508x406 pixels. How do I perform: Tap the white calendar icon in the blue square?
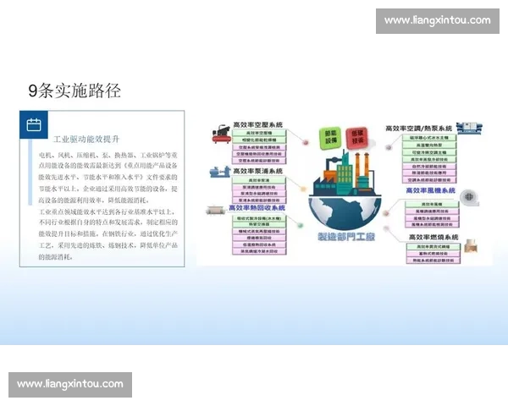(x=34, y=125)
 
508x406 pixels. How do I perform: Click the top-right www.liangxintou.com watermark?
(x=437, y=20)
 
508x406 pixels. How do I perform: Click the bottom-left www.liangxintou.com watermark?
(x=70, y=385)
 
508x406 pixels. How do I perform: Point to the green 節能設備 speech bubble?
(x=329, y=137)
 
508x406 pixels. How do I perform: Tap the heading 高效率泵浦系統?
(x=258, y=172)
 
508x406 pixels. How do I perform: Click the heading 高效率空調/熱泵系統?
(x=419, y=129)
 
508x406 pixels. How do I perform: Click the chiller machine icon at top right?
(x=467, y=129)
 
